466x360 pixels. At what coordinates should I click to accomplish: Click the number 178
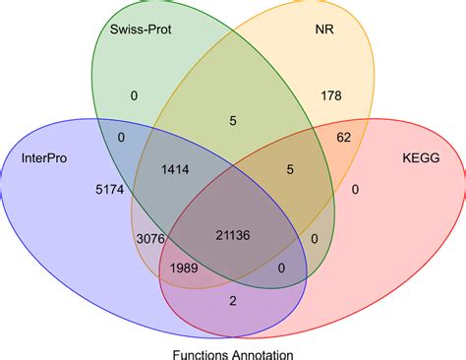[x=329, y=94]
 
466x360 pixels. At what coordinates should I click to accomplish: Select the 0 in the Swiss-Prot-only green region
[x=134, y=94]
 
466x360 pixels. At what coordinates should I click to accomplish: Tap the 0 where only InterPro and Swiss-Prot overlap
[x=120, y=138]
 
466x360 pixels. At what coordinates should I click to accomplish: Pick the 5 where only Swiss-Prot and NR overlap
[x=232, y=122]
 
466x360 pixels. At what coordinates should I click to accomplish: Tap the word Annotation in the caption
[x=263, y=351]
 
